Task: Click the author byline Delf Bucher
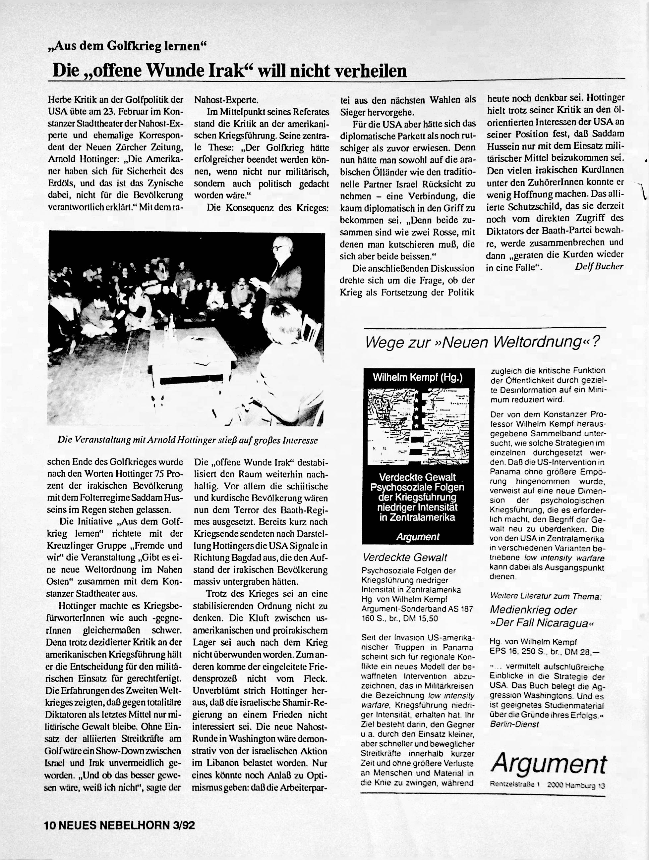599,266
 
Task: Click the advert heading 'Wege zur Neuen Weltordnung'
483,342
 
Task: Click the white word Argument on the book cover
418,537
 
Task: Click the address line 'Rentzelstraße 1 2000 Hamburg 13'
548,785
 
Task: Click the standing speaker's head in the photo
279,246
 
